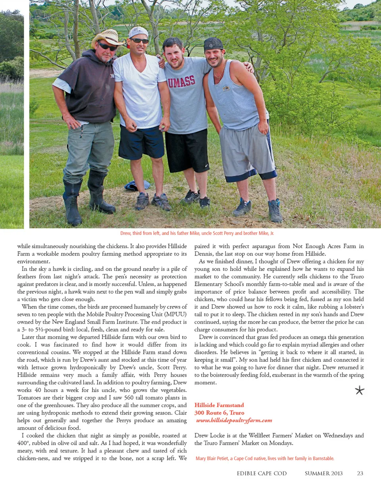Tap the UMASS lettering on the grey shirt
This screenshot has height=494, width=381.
pos(181,82)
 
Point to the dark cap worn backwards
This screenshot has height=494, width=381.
pos(214,44)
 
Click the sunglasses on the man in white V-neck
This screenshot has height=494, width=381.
pos(139,40)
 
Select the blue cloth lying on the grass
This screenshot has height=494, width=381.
pos(137,185)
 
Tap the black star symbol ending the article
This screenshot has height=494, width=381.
pos(360,390)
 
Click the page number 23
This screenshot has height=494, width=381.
pos(360,473)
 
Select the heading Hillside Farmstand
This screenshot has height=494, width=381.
pos(219,405)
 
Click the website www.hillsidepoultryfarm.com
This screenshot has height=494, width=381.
pos(234,420)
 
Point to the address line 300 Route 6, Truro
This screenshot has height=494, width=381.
pos(219,413)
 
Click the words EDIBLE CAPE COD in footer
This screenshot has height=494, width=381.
pos(262,473)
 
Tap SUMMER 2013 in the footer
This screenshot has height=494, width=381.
pos(323,473)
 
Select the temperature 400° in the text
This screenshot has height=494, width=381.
pos(22,443)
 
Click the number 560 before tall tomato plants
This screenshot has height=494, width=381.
pos(129,398)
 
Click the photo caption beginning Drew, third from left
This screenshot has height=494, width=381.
pos(197,233)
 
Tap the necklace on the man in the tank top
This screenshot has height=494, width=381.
pos(218,74)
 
